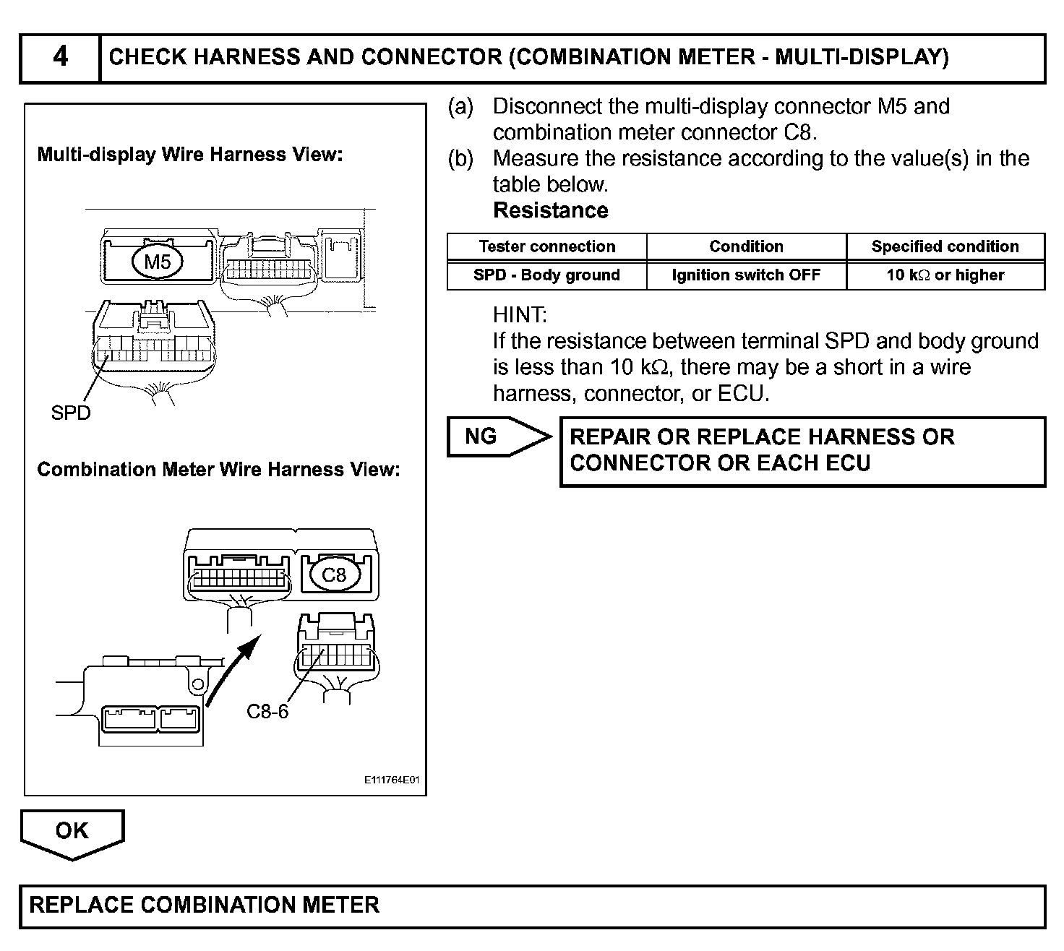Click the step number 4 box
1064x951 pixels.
(60, 57)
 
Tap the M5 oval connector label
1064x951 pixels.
(157, 261)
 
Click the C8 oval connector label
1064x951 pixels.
(333, 575)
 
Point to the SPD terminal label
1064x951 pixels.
(71, 413)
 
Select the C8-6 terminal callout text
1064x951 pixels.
(267, 712)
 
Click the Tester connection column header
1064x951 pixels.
(546, 246)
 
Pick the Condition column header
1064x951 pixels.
(746, 246)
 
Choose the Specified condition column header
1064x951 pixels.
(945, 246)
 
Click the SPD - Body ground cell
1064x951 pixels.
(546, 275)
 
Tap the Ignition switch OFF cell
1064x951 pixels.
(746, 275)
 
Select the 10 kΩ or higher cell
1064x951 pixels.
(945, 275)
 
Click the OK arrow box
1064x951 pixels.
(72, 832)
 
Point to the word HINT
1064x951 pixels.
(520, 314)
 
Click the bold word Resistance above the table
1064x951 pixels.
(550, 210)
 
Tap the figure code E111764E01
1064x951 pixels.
(392, 781)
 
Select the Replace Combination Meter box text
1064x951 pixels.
(205, 905)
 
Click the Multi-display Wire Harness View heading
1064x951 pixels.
(189, 154)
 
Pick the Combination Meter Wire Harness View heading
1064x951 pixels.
(218, 469)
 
